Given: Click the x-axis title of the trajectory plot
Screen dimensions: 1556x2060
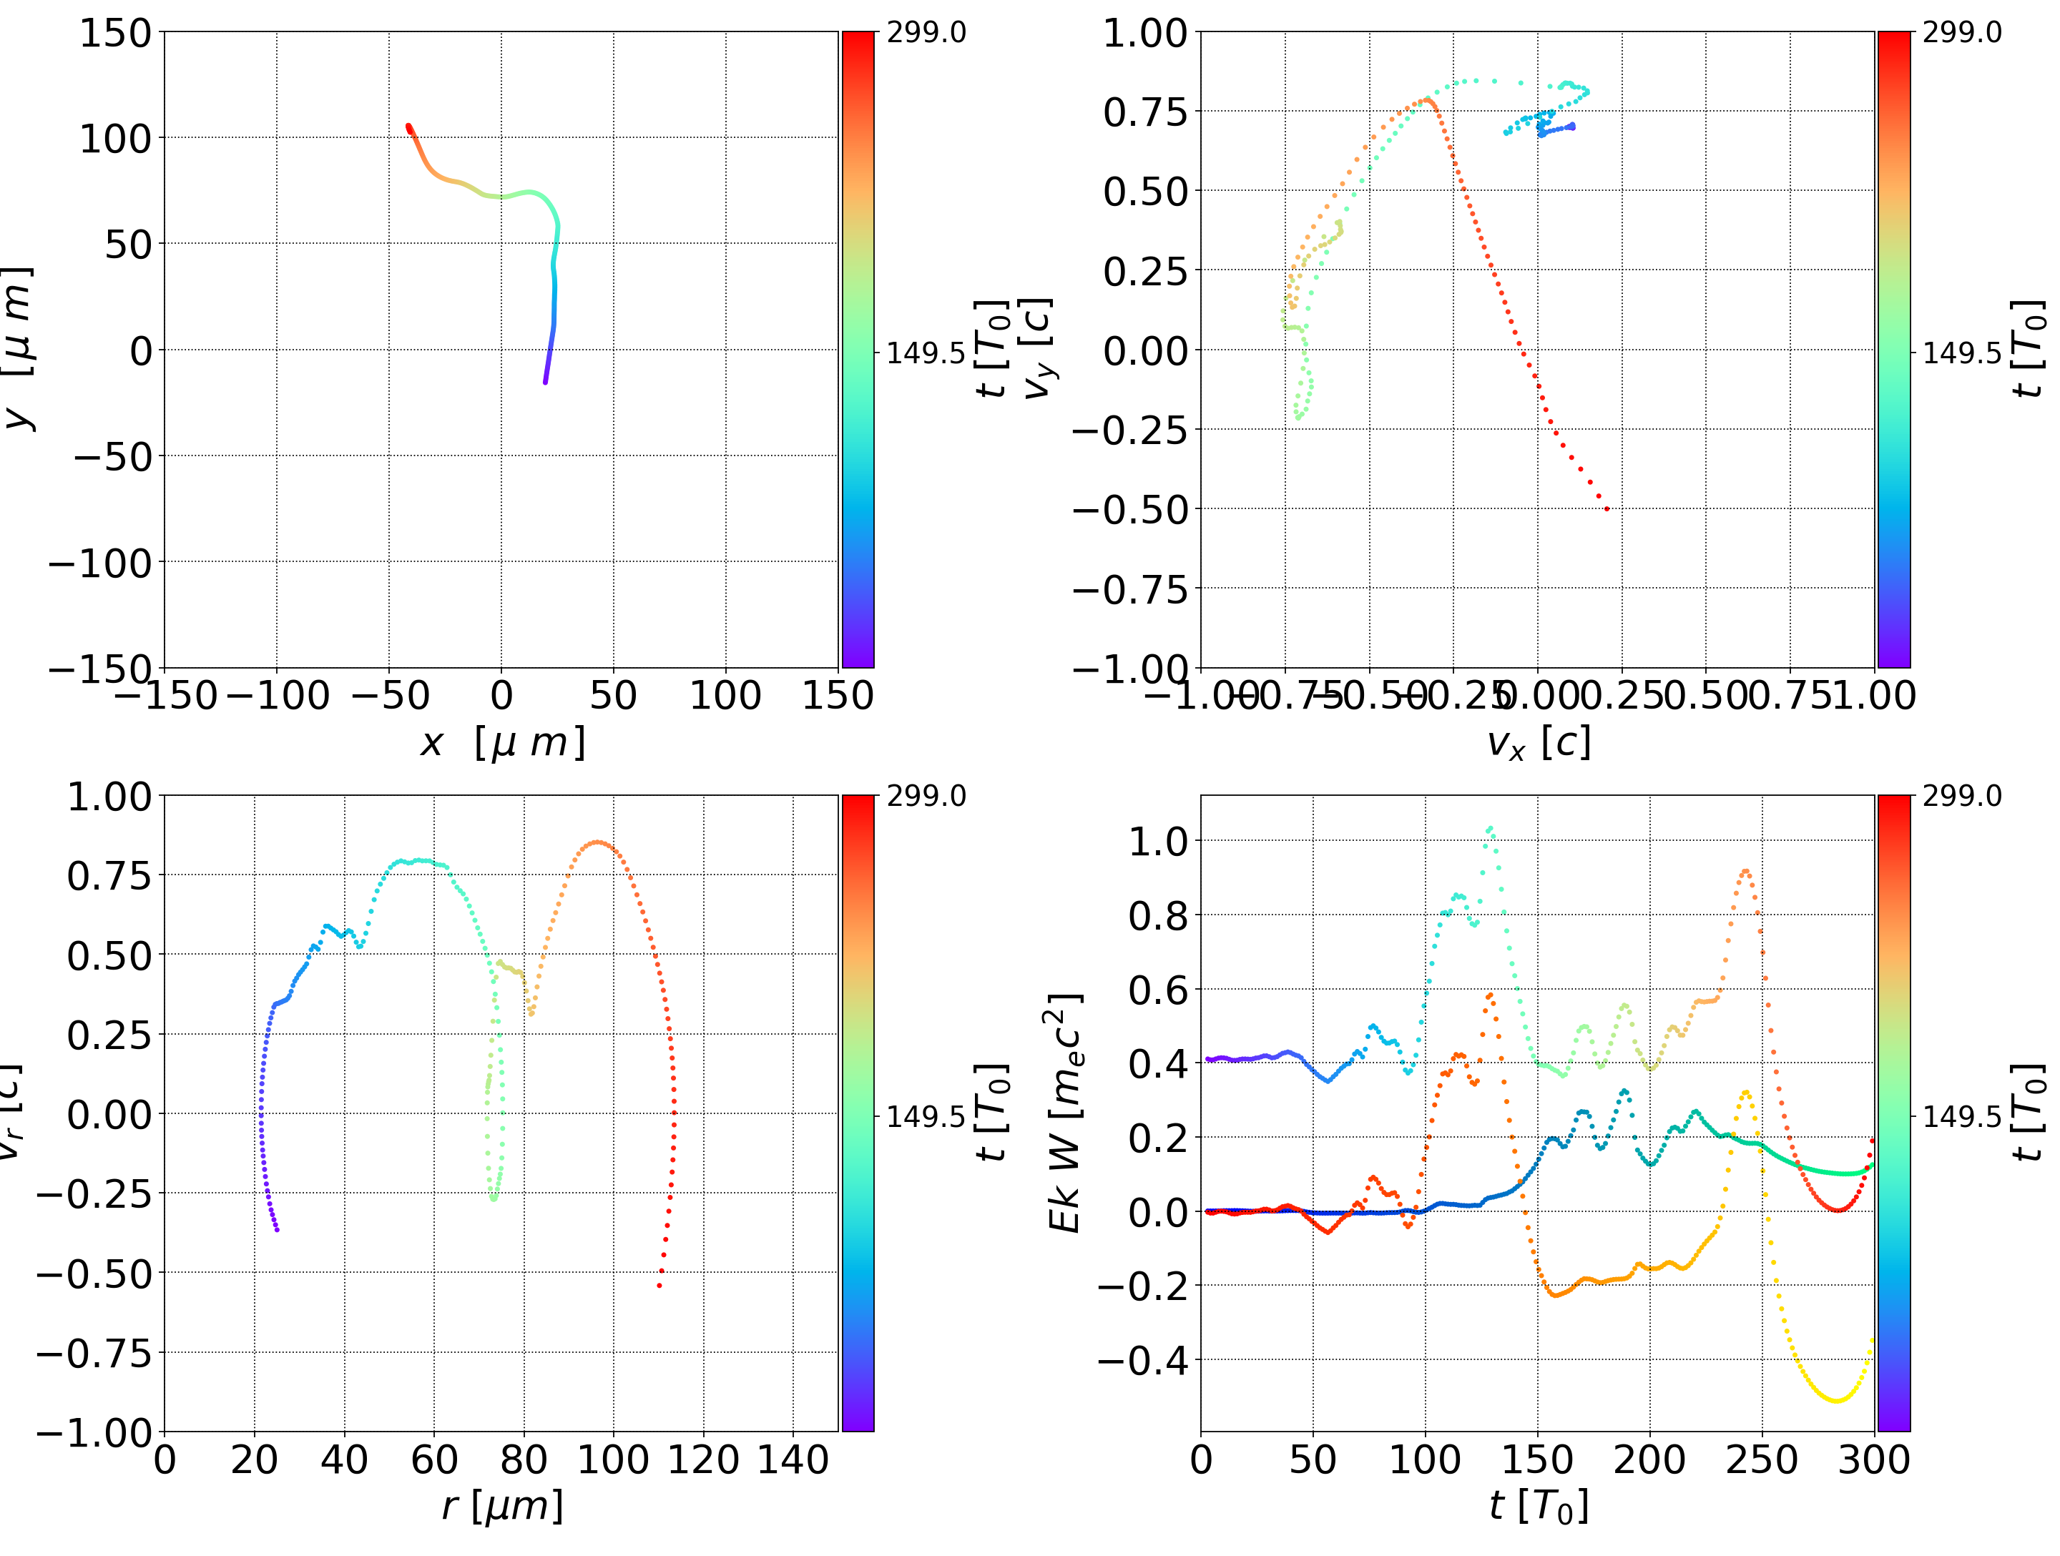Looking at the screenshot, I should point(503,743).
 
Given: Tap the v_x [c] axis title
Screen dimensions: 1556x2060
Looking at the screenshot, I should point(1538,743).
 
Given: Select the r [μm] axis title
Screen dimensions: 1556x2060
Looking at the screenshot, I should point(503,1506).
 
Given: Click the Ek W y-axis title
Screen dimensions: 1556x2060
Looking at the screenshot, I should point(1064,1113).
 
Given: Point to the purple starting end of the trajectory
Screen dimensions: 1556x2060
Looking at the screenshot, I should point(545,382).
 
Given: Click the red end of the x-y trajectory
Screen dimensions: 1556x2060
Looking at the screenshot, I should point(409,127).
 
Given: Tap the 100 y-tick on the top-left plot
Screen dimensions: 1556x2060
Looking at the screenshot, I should point(114,139).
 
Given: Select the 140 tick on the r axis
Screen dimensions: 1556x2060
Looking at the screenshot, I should point(793,1460).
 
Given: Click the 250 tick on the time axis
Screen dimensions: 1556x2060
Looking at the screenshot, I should point(1762,1460).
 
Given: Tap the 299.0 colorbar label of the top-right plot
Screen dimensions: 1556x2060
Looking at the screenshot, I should point(1961,33).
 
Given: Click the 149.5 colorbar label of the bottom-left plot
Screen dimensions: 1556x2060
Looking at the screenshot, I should point(926,1116).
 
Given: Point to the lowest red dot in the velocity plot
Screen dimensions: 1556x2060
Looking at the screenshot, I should point(1607,509).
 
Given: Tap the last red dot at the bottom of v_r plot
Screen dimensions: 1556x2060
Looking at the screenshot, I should point(659,1286).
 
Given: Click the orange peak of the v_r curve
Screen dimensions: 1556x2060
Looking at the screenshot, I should point(597,843).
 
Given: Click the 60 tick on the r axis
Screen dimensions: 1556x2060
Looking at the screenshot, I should point(434,1460).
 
